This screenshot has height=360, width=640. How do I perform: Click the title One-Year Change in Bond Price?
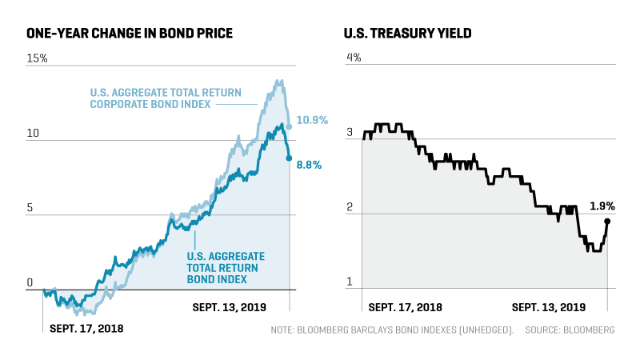pyautogui.click(x=130, y=34)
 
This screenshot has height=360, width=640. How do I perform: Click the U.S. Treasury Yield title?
pyautogui.click(x=407, y=34)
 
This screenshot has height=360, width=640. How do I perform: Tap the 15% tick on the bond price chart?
pyautogui.click(x=38, y=58)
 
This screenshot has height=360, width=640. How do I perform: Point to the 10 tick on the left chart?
pyautogui.click(x=33, y=133)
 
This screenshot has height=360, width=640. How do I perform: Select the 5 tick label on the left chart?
pyautogui.click(x=30, y=208)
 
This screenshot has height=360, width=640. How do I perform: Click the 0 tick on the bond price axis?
pyautogui.click(x=30, y=282)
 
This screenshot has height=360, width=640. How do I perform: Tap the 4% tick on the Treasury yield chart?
pyautogui.click(x=353, y=58)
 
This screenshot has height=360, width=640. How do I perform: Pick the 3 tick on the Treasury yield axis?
pyautogui.click(x=349, y=133)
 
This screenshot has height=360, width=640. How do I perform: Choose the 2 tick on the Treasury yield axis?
pyautogui.click(x=349, y=208)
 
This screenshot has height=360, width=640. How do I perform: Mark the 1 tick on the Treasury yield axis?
pyautogui.click(x=349, y=282)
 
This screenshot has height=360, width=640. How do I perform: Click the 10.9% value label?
pyautogui.click(x=312, y=121)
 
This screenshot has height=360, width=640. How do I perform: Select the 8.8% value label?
pyautogui.click(x=309, y=166)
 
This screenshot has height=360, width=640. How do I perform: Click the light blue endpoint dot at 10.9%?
pyautogui.click(x=289, y=126)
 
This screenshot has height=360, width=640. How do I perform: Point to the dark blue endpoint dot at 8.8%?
pyautogui.click(x=289, y=158)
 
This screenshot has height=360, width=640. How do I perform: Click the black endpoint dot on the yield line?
pyautogui.click(x=607, y=222)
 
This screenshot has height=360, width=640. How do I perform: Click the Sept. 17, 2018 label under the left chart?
pyautogui.click(x=86, y=328)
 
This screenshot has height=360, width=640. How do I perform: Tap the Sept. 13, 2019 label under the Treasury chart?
pyautogui.click(x=548, y=307)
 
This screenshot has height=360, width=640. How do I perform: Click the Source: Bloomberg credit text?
pyautogui.click(x=570, y=330)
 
